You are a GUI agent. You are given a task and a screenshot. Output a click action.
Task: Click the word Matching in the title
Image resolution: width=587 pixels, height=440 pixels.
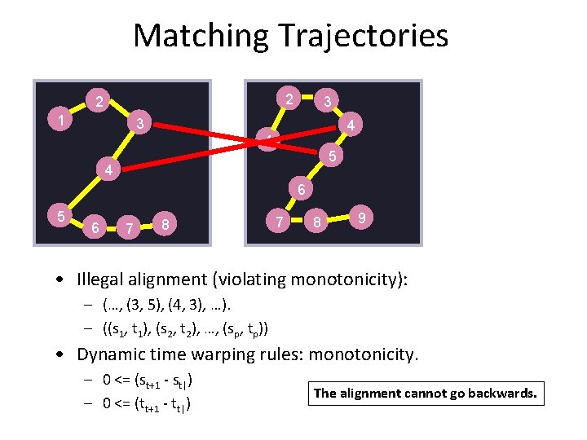tap(201, 36)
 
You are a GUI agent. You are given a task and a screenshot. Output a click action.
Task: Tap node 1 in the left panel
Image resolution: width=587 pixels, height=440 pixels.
tap(60, 121)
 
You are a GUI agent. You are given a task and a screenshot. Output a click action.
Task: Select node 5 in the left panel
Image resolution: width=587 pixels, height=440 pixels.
tap(60, 216)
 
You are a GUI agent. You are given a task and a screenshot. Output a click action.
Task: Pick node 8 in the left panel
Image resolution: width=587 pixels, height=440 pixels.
tap(166, 223)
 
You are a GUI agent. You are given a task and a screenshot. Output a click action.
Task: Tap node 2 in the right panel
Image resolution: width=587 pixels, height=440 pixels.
tap(289, 98)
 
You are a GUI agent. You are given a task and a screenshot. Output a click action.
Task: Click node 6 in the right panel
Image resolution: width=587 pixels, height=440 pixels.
tap(300, 190)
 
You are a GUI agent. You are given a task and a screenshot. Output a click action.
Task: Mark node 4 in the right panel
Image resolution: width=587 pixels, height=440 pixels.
tap(350, 125)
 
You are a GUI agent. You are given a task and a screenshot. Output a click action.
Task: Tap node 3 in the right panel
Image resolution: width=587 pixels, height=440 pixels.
tap(326, 102)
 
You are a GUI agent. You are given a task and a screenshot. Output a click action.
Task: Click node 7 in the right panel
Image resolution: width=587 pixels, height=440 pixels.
tap(279, 221)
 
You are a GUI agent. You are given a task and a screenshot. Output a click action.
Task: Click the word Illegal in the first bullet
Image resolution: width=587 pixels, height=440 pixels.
tap(102, 279)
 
